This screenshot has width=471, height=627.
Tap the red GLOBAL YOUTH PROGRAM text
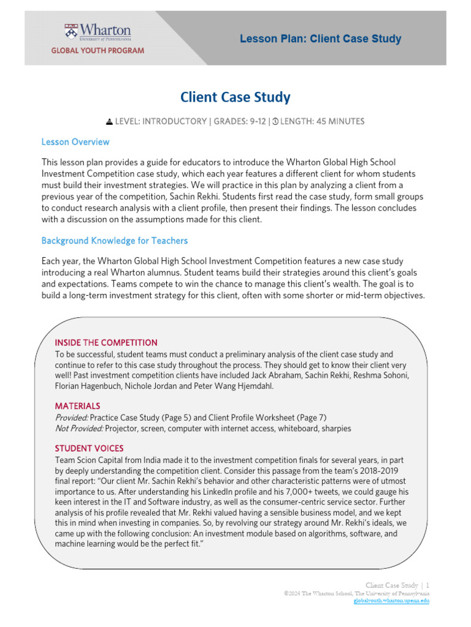pyautogui.click(x=98, y=50)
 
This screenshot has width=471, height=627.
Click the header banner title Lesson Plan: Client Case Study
pyautogui.click(x=320, y=39)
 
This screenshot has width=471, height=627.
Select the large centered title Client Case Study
pyautogui.click(x=235, y=97)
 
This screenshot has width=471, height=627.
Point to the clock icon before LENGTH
pyautogui.click(x=275, y=121)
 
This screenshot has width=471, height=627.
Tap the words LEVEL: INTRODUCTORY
pyautogui.click(x=160, y=121)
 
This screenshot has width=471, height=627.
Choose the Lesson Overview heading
pyautogui.click(x=75, y=142)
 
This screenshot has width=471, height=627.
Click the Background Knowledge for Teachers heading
pyautogui.click(x=115, y=241)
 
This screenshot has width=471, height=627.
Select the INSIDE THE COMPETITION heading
pyautogui.click(x=106, y=342)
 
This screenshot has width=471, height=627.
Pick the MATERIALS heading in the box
pyautogui.click(x=77, y=406)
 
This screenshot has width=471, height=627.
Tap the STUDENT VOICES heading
pyautogui.click(x=89, y=448)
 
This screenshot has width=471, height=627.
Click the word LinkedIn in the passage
pyautogui.click(x=215, y=492)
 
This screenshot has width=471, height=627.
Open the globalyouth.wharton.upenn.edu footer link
pyautogui.click(x=391, y=601)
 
